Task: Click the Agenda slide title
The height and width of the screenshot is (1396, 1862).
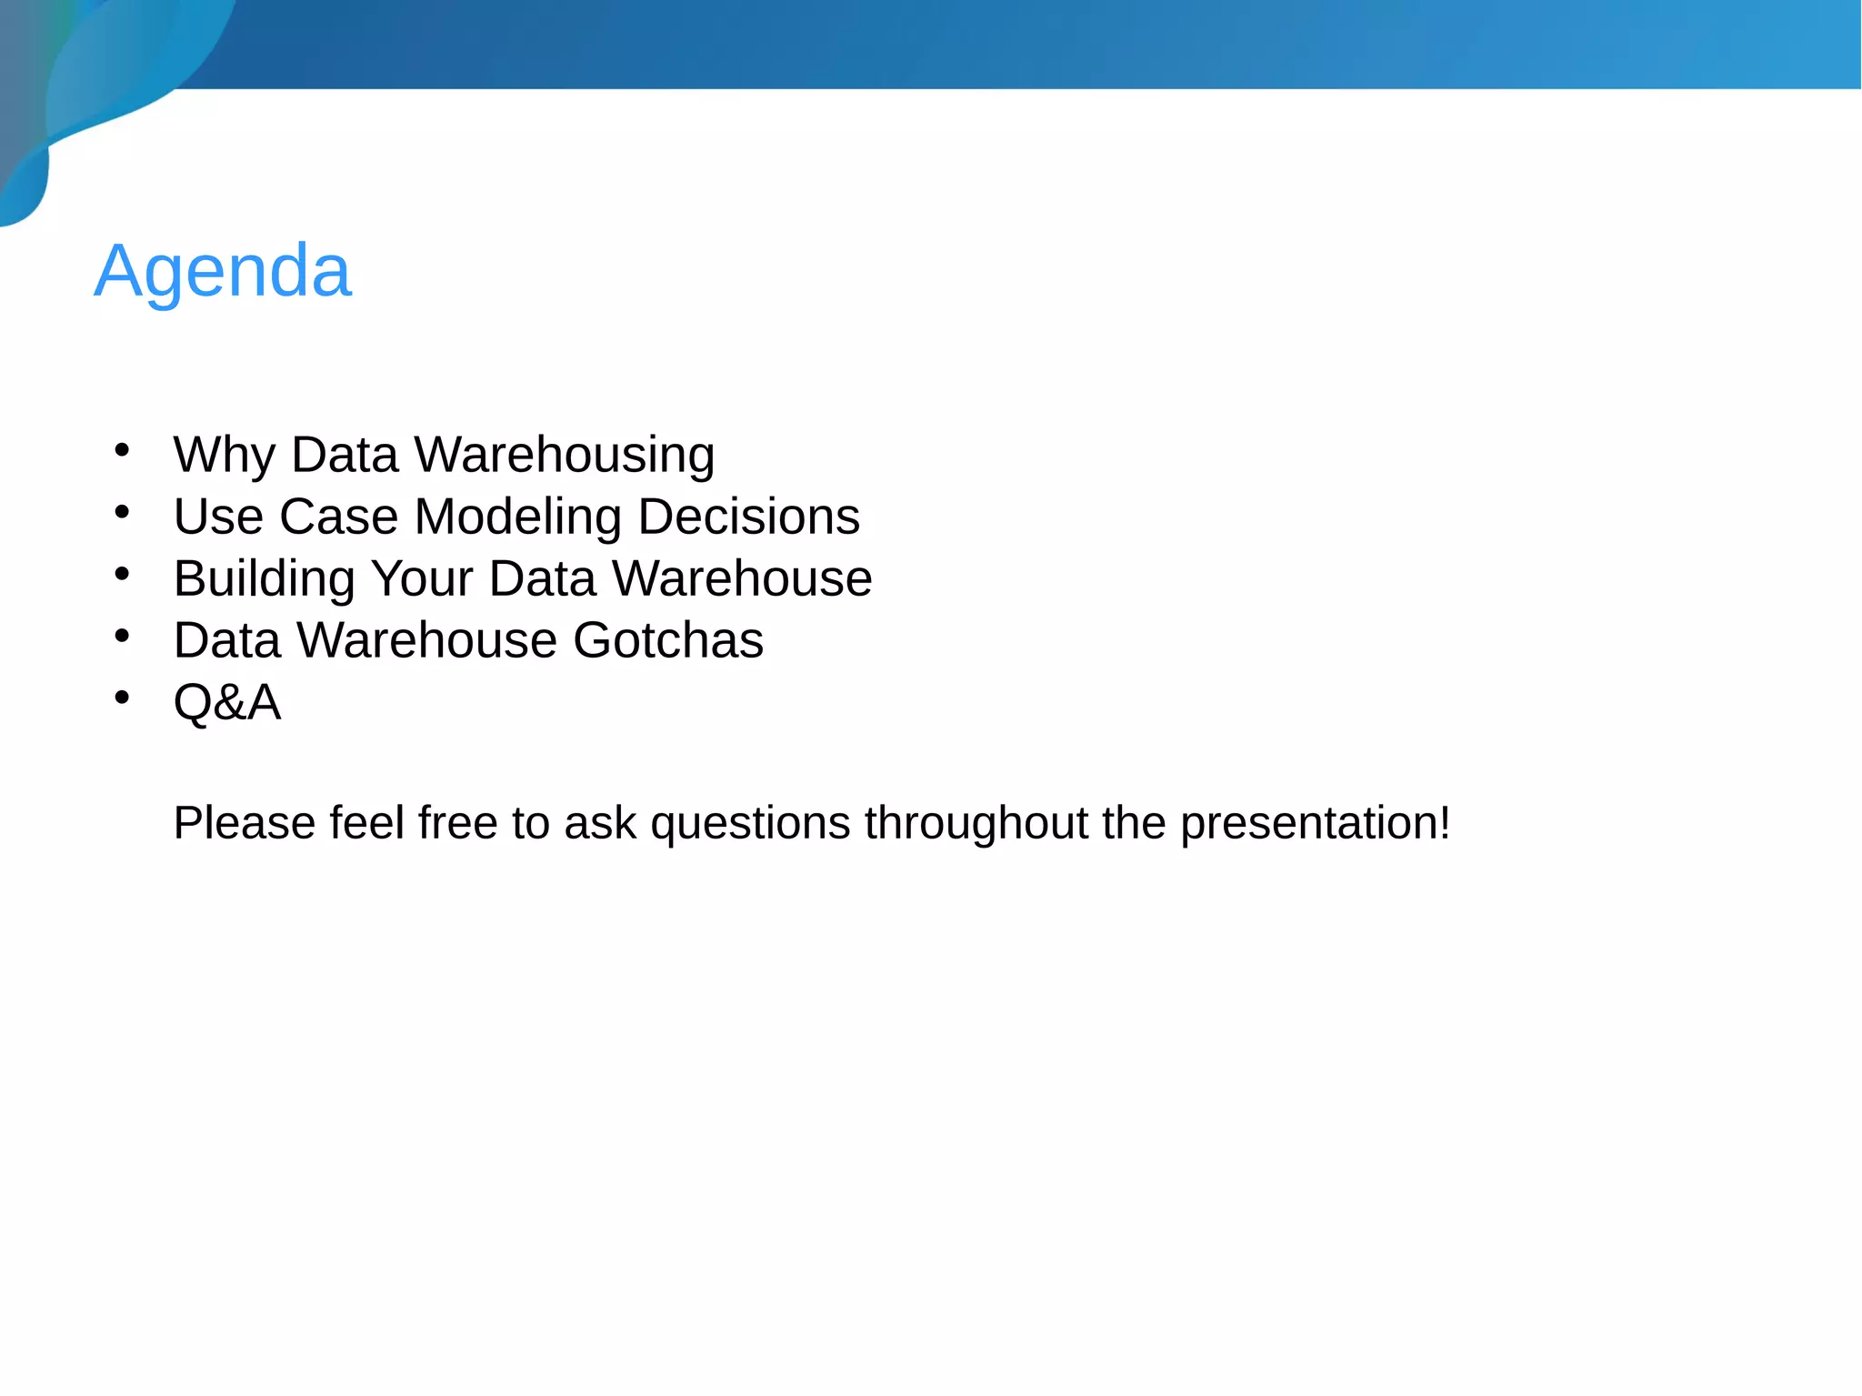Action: (x=223, y=271)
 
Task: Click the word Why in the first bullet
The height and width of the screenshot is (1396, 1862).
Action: (x=224, y=455)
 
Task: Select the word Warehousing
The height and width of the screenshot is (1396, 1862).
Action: (x=564, y=455)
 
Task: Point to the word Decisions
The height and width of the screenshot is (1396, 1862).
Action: (x=748, y=517)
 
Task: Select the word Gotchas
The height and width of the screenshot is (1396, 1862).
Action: (x=668, y=640)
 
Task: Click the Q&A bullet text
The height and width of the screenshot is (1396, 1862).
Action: (x=227, y=702)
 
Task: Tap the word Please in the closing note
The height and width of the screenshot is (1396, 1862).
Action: (x=244, y=823)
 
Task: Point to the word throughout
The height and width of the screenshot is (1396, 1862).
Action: (x=976, y=823)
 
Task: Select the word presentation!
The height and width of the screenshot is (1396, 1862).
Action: (x=1315, y=824)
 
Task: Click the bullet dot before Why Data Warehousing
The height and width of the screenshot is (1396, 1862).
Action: (x=122, y=449)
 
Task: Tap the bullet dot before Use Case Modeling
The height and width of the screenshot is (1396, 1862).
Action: (x=122, y=511)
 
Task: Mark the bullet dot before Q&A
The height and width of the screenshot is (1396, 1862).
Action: (x=122, y=698)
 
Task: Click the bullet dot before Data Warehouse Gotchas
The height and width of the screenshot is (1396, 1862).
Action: (x=122, y=636)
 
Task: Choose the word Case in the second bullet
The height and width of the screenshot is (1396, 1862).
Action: (x=339, y=517)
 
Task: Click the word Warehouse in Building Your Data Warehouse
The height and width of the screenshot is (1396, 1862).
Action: (x=742, y=578)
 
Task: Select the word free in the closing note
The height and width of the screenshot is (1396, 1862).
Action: (x=458, y=823)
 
